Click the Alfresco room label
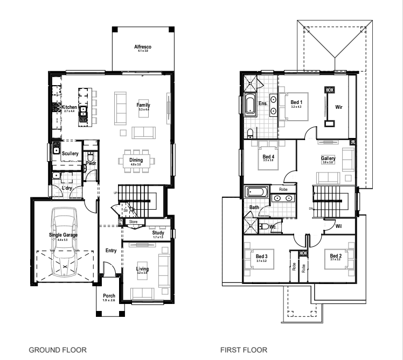[143, 48]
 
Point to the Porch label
[109, 296]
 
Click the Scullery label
[70, 154]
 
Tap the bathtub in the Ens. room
[251, 104]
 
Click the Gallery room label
[328, 158]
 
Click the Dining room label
[136, 160]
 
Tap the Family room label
[143, 106]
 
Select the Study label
[158, 233]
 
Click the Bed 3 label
[262, 257]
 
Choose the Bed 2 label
[336, 257]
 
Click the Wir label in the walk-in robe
[339, 107]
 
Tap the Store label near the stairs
[133, 221]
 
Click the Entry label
[112, 250]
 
